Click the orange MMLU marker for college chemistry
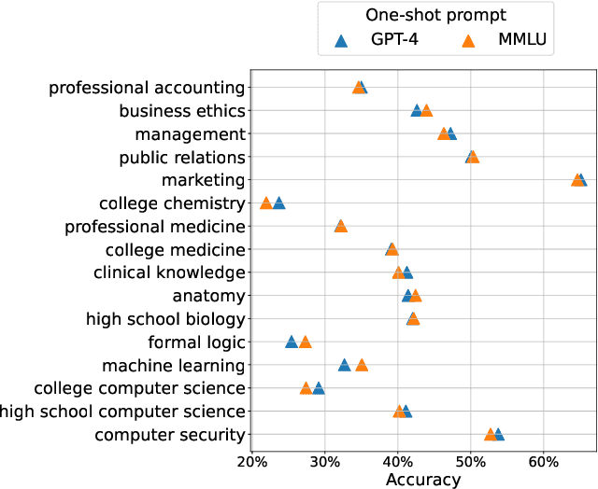(x=266, y=203)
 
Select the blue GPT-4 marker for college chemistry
(x=278, y=203)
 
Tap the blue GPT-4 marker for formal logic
(x=292, y=342)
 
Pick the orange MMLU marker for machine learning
(x=362, y=365)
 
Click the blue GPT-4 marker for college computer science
(x=319, y=388)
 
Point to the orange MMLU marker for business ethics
(x=426, y=111)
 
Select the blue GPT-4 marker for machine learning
(x=345, y=365)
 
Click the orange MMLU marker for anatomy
(x=416, y=296)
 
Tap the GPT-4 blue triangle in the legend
(x=341, y=41)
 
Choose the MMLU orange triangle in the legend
(x=470, y=41)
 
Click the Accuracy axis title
(x=422, y=480)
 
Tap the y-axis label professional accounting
(x=147, y=88)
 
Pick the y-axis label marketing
(x=203, y=180)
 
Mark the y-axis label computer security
(x=170, y=434)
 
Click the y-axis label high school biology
(x=165, y=319)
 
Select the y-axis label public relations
(x=182, y=157)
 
